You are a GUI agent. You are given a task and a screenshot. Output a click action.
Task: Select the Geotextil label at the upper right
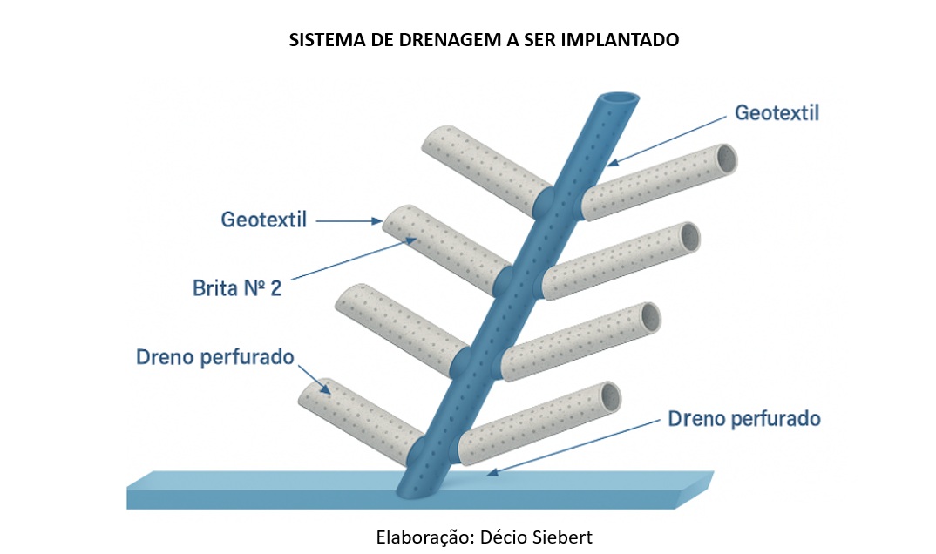click(777, 113)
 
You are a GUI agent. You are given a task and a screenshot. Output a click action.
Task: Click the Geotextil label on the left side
click(263, 220)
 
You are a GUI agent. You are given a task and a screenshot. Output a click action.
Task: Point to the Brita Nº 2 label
click(236, 288)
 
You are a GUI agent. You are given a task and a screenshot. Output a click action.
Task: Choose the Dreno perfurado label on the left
click(215, 357)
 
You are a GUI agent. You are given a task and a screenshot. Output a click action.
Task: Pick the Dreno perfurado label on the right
click(744, 418)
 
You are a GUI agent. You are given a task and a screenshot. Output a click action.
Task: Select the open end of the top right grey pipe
click(724, 159)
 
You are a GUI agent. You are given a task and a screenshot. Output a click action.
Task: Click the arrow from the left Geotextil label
click(349, 222)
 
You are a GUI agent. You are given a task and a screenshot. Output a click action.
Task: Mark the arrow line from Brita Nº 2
click(349, 260)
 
